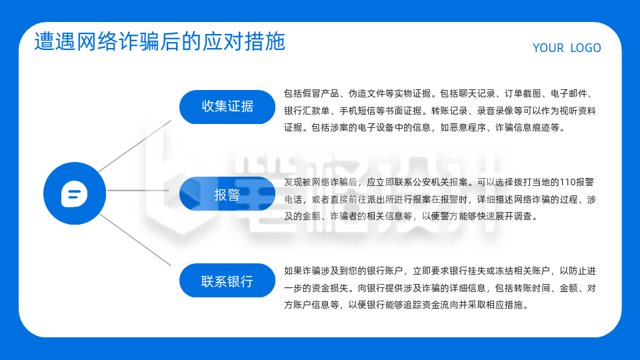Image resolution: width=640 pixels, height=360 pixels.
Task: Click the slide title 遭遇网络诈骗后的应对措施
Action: point(160,41)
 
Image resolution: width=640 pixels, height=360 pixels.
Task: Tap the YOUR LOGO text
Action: point(567,48)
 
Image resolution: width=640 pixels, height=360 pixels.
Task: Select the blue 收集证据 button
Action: point(227,107)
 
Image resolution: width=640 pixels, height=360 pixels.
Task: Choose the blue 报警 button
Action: point(227,195)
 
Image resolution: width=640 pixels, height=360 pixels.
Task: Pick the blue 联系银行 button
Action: point(227,281)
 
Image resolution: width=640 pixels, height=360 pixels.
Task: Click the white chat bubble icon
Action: point(75,194)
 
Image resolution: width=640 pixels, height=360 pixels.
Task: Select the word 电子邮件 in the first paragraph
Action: point(568,94)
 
